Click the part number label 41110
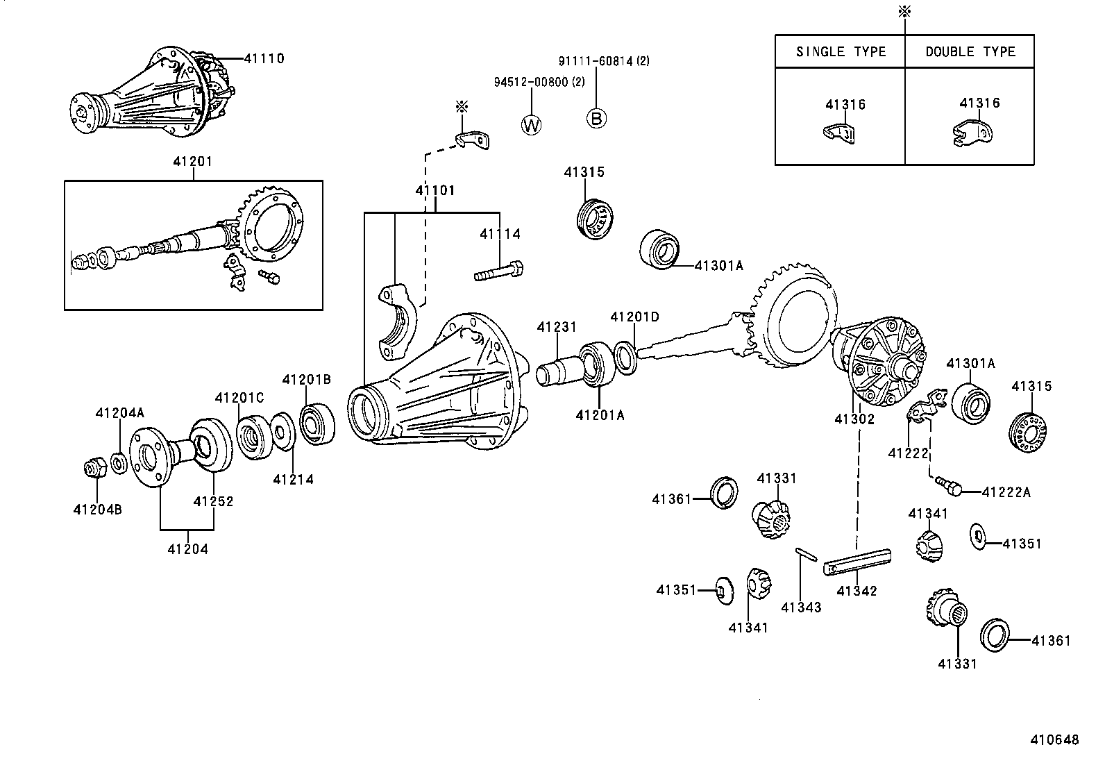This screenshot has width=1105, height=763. (x=264, y=59)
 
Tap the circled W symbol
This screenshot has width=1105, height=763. (x=532, y=124)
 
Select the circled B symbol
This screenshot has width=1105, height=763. (x=596, y=118)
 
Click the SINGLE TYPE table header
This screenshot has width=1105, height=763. (x=841, y=52)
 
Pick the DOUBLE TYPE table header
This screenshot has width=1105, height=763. (x=970, y=52)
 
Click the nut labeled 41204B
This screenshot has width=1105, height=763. (x=94, y=469)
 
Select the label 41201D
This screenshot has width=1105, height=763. (x=634, y=317)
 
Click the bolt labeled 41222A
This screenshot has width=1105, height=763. (x=947, y=484)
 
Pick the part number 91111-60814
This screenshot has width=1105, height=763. (x=596, y=61)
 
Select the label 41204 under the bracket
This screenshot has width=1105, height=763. (x=187, y=549)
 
